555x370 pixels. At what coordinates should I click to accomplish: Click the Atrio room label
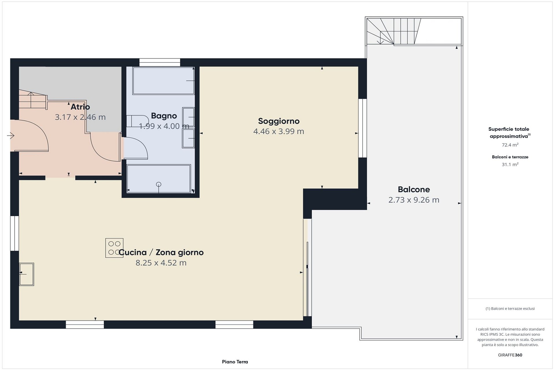point(80,107)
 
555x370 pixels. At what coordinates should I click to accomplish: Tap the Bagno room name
point(164,116)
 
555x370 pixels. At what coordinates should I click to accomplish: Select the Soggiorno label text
point(279,121)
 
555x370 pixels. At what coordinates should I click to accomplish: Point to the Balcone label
point(414,189)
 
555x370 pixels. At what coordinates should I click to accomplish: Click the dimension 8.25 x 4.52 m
point(161,263)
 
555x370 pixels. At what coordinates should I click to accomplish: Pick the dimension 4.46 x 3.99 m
point(279,131)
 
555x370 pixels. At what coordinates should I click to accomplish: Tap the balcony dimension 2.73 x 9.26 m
point(414,200)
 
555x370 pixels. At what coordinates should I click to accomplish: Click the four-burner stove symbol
point(114,248)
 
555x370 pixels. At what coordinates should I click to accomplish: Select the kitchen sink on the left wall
point(27,274)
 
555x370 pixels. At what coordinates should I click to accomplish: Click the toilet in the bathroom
point(137,121)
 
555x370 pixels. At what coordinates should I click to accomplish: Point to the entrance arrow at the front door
point(11,135)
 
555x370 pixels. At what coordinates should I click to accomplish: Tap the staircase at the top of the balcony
point(394,31)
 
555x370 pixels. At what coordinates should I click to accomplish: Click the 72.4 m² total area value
point(510,145)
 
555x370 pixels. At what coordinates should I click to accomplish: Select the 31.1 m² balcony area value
point(510,165)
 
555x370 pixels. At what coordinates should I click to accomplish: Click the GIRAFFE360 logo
point(510,355)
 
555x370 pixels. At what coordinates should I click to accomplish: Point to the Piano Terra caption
point(235,362)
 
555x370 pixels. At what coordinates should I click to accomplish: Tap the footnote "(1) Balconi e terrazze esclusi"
point(510,309)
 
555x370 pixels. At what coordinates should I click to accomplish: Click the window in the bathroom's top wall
point(160,62)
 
